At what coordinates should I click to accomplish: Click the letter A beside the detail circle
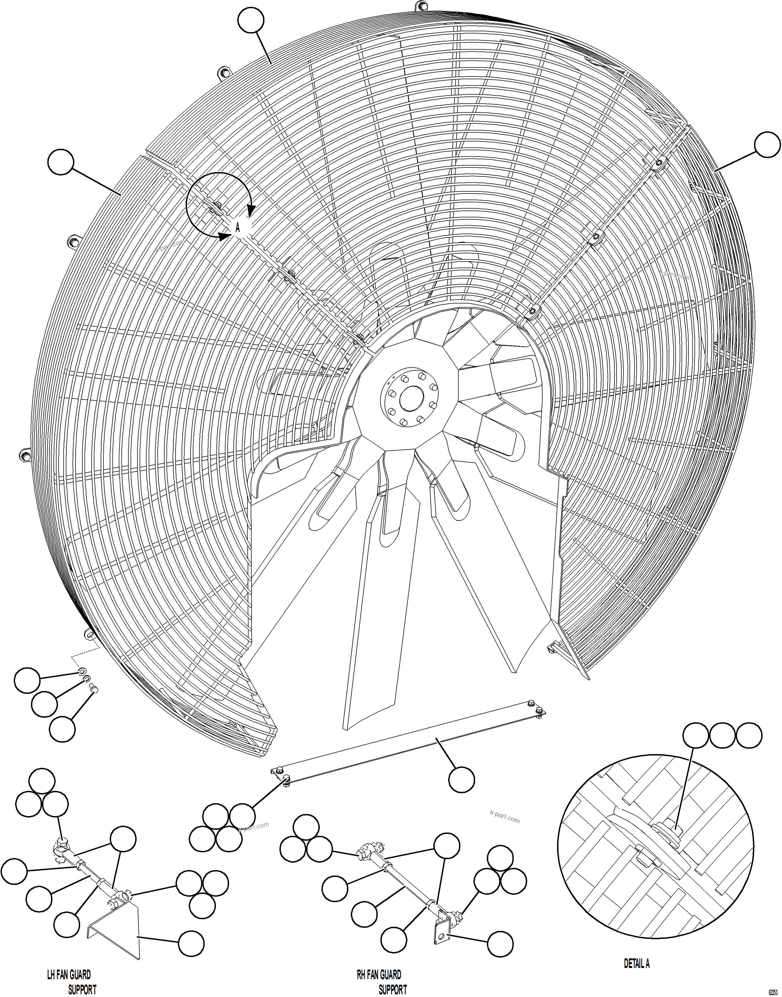[x=238, y=227]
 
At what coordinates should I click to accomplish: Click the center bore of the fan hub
[x=411, y=399]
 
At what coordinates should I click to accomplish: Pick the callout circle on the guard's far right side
[x=767, y=145]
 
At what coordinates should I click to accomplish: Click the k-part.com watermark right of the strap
[x=504, y=816]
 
